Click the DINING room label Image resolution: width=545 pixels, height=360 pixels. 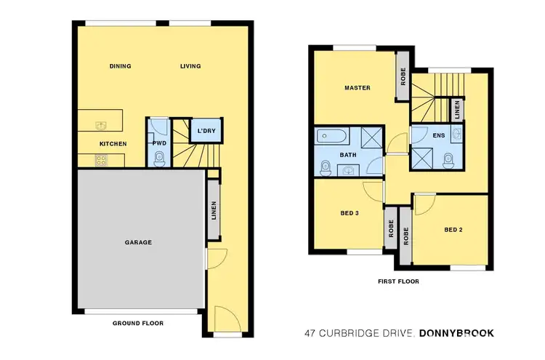pyautogui.click(x=121, y=66)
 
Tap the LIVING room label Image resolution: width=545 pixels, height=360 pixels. pyautogui.click(x=190, y=66)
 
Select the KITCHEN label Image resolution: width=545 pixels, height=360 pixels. pyautogui.click(x=113, y=144)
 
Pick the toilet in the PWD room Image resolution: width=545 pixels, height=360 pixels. pyautogui.click(x=159, y=158)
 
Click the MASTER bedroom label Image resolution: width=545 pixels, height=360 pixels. pyautogui.click(x=357, y=88)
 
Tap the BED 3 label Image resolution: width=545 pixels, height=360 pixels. pyautogui.click(x=350, y=214)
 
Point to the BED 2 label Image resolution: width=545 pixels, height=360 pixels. pyautogui.click(x=454, y=231)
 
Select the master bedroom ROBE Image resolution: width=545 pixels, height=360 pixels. pyautogui.click(x=403, y=76)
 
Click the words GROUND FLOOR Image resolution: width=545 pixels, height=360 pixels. pyautogui.click(x=137, y=323)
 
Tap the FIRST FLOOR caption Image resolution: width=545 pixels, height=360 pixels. pyautogui.click(x=398, y=281)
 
